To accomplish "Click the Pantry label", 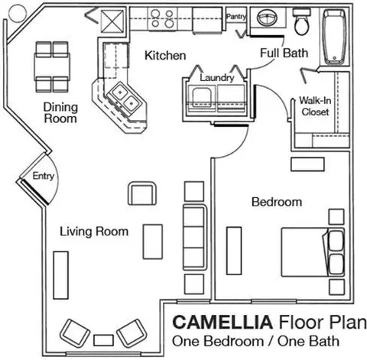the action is pos(236,17).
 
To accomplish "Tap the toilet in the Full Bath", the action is pos(302,22).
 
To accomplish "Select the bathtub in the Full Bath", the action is pos(335,37).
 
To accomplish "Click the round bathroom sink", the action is pos(267,18).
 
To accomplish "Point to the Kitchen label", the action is pos(165,56).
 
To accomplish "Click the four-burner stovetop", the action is pos(162,18).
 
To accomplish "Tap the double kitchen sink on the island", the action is pos(125,97).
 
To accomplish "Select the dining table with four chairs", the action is pos(52,66).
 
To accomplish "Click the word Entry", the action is pos(44,176).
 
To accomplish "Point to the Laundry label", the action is pos(217,78).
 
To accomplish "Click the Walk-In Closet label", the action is pos(315,106).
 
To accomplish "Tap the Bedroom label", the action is pos(277,202).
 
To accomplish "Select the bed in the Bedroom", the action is pos(313,252).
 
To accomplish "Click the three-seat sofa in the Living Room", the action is pos(195,237).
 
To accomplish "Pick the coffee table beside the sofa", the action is pos(153,242).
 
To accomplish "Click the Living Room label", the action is pos(94,232).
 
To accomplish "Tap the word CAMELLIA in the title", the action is pos(222,322).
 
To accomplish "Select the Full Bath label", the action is pos(284,53).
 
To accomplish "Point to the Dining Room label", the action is pos(60,113).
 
